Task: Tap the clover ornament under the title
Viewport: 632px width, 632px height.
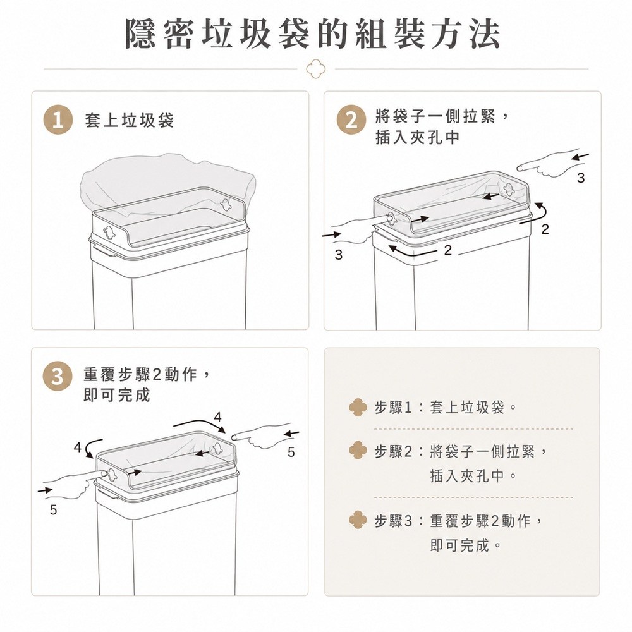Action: pos(315,68)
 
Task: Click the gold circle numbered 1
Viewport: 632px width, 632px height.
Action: pos(58,120)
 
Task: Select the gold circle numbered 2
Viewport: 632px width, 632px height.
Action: pos(351,120)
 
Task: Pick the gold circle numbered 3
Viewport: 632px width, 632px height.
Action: pos(58,377)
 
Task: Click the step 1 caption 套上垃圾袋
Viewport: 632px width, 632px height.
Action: pos(130,120)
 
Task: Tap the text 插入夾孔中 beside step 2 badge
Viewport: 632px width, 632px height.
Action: pos(418,137)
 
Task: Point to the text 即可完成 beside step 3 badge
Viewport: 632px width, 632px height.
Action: pos(117,395)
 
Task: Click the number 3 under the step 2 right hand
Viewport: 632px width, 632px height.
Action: pos(580,178)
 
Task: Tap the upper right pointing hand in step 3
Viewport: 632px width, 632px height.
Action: pos(262,435)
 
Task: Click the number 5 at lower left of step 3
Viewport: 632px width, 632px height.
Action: pos(53,510)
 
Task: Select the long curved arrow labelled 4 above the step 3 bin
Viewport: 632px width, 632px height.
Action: pos(200,423)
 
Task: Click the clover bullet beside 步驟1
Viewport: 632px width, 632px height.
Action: pos(358,408)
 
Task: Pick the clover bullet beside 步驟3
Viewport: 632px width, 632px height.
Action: pos(358,520)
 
